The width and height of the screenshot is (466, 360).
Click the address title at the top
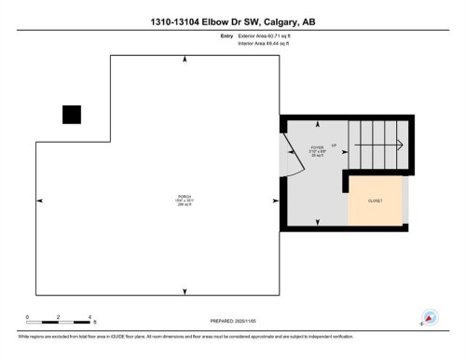click(x=232, y=21)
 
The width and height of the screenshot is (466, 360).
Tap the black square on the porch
click(x=72, y=114)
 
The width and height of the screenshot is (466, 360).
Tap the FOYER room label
click(x=318, y=147)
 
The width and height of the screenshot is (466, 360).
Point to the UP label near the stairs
click(x=334, y=145)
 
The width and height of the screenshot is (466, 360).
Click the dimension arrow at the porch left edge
click(x=39, y=201)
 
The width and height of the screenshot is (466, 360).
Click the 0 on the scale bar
click(x=27, y=317)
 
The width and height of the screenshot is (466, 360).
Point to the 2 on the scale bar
click(x=58, y=317)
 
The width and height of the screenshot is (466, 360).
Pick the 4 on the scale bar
click(x=89, y=317)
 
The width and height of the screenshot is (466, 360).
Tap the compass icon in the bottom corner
click(x=430, y=318)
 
